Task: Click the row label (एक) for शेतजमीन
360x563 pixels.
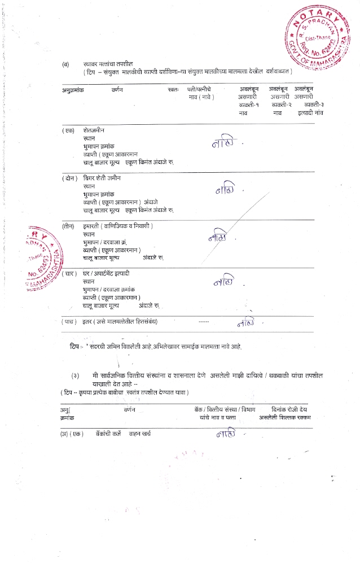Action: tap(68, 130)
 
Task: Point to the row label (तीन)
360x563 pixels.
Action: tap(68, 226)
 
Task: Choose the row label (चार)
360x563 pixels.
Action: tap(68, 273)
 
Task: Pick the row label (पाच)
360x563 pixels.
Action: tap(68, 321)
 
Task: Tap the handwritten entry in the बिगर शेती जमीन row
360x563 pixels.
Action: tap(225, 190)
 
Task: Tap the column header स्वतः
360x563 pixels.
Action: tap(173, 90)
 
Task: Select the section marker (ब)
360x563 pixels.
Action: tap(66, 64)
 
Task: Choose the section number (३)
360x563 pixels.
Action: tap(74, 375)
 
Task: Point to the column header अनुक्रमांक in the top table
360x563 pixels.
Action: tap(73, 90)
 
